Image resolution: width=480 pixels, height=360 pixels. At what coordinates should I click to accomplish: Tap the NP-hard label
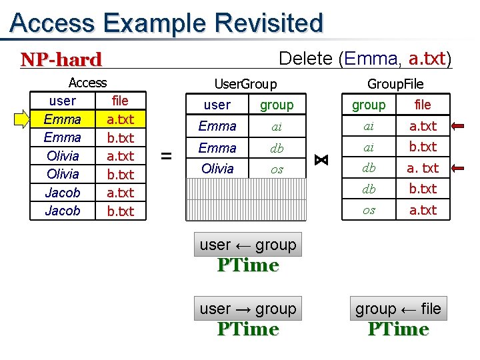(x=61, y=60)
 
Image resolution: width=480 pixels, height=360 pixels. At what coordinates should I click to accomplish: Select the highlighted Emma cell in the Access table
(x=62, y=119)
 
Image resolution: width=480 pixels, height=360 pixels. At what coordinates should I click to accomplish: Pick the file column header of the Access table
(x=120, y=101)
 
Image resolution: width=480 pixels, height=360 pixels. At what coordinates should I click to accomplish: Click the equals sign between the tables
(x=167, y=156)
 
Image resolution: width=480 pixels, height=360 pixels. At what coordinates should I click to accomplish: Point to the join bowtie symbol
(x=321, y=160)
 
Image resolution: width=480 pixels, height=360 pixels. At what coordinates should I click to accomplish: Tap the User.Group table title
(x=245, y=84)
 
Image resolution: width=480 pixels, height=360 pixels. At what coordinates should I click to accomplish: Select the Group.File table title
(x=395, y=84)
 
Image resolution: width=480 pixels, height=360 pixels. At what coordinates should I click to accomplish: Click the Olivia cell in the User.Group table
(x=217, y=169)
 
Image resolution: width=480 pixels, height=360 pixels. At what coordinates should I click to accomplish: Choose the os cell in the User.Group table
(x=277, y=169)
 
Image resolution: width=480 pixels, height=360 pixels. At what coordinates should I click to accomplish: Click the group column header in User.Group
(x=277, y=105)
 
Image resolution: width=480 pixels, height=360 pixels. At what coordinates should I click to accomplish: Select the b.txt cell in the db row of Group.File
(x=423, y=189)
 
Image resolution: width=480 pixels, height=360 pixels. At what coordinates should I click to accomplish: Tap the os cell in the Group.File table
(x=369, y=210)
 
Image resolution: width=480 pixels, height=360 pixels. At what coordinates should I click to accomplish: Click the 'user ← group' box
(x=248, y=245)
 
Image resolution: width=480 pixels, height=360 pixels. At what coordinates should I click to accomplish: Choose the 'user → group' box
(x=248, y=309)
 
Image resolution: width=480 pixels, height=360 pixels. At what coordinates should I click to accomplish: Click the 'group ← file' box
(x=398, y=309)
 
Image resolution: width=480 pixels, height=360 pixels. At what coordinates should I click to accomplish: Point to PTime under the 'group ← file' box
(x=398, y=329)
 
